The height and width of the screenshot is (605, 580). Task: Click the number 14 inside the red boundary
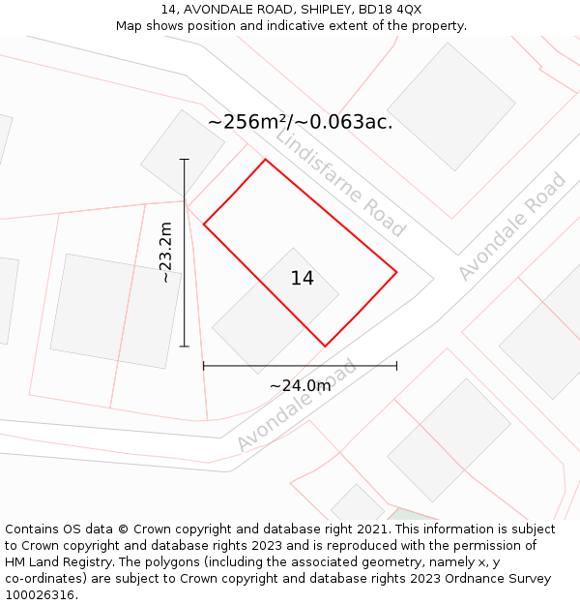point(302,279)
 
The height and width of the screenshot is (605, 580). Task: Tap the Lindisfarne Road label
point(340,182)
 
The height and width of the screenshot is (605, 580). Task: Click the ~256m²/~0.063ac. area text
point(300,122)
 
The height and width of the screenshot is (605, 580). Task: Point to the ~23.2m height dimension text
point(165,253)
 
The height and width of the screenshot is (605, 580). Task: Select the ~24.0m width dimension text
point(300,385)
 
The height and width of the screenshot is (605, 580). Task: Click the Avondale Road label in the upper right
point(511,227)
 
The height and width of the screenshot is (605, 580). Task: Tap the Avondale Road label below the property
point(296,406)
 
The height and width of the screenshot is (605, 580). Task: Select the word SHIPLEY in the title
point(296,10)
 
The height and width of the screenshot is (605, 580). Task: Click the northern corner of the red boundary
point(265,160)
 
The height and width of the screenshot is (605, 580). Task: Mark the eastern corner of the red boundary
point(396,272)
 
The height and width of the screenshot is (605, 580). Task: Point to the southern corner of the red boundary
point(325,346)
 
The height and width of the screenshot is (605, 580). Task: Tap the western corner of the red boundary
point(204,225)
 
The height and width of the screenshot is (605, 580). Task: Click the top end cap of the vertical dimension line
point(185,159)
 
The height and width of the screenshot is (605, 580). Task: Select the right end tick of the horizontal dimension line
point(396,366)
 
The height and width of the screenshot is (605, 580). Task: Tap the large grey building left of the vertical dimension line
point(115,311)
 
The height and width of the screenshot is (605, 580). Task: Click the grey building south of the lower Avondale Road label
point(449,440)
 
